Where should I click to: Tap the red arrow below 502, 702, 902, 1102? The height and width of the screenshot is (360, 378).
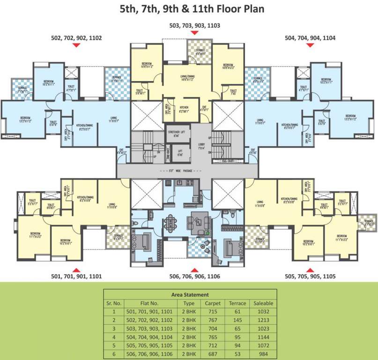click(x=77, y=45)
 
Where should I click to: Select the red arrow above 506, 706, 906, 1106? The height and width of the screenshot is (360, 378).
click(x=195, y=270)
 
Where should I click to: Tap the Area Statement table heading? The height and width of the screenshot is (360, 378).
click(x=190, y=294)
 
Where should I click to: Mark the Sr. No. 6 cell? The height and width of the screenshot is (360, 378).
click(x=113, y=347)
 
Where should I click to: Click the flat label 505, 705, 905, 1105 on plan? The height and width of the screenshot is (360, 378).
click(x=310, y=277)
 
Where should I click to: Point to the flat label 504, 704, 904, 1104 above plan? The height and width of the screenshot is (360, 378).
click(x=310, y=37)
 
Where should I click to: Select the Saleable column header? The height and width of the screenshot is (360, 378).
click(x=263, y=303)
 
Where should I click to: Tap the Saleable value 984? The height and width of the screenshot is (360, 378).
click(x=263, y=347)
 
